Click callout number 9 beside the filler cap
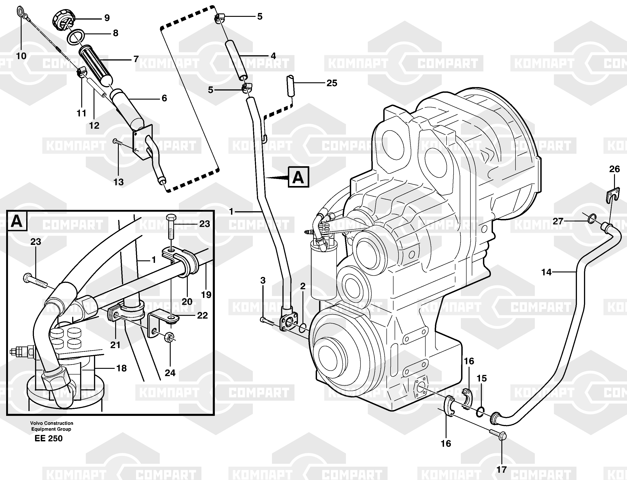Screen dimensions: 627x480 pyautogui.click(x=107, y=18)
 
